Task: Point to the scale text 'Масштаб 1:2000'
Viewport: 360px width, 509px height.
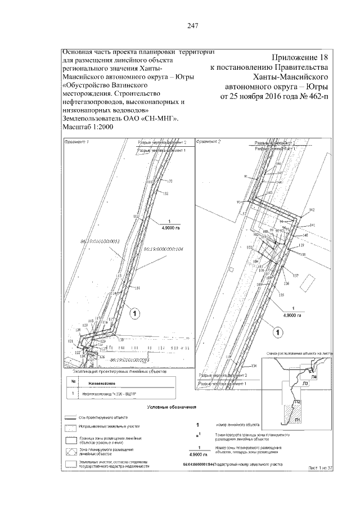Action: tap(88, 129)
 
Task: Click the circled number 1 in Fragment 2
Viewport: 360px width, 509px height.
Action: tap(277, 332)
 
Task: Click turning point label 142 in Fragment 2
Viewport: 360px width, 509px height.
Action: tap(312, 209)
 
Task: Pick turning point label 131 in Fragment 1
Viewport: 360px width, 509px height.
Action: tap(138, 288)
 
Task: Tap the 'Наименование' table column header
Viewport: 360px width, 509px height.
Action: tap(102, 384)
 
